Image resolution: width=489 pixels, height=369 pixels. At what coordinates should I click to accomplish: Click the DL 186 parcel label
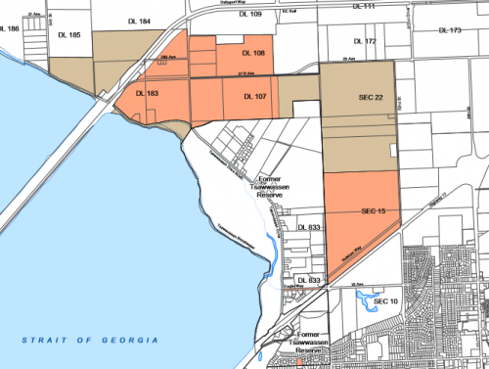tap(10, 29)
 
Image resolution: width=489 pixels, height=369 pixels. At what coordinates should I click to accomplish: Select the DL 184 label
tap(138, 21)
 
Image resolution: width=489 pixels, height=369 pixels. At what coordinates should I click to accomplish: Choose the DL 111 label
tap(363, 7)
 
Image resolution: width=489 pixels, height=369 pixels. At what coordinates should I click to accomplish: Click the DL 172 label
tap(364, 42)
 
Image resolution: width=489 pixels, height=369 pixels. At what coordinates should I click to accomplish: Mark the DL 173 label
tap(449, 30)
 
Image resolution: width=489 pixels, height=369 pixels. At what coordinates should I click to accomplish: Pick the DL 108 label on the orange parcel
tap(252, 52)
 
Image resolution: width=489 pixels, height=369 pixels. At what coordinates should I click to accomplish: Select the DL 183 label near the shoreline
tap(147, 94)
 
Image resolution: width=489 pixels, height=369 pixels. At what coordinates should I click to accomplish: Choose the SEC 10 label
tap(387, 301)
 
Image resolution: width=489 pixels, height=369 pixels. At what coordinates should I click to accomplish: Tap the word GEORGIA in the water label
tap(131, 339)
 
